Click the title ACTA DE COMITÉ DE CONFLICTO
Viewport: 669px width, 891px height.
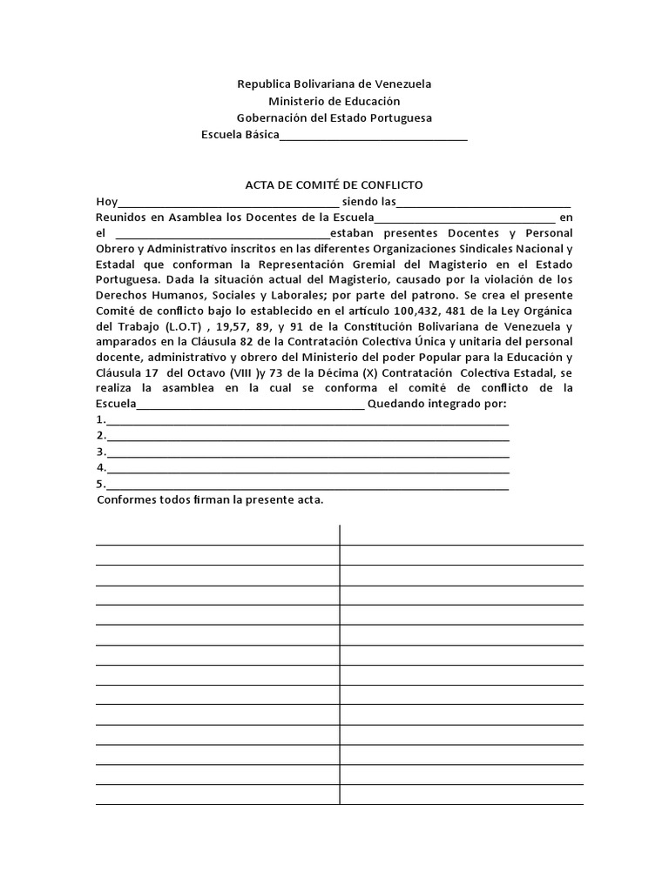point(334,185)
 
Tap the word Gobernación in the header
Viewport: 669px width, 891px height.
point(275,117)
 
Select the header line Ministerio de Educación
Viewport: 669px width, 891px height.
point(334,101)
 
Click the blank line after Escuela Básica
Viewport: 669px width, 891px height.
point(374,135)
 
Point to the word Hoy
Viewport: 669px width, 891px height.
point(105,202)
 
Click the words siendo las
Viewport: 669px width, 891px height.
point(368,202)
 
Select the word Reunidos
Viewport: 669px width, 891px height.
point(120,218)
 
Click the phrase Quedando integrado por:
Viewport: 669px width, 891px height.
point(437,405)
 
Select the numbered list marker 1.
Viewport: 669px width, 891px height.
point(100,421)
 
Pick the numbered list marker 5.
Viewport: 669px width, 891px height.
point(100,484)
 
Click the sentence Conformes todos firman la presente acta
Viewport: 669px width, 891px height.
point(210,500)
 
